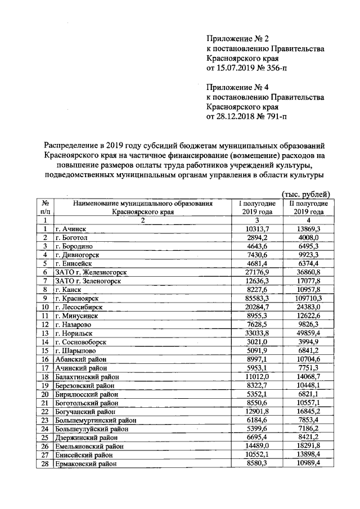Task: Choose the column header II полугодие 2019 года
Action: [305, 208]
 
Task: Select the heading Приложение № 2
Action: [235, 39]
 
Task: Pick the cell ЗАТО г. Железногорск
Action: [90, 272]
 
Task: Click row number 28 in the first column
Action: [44, 464]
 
